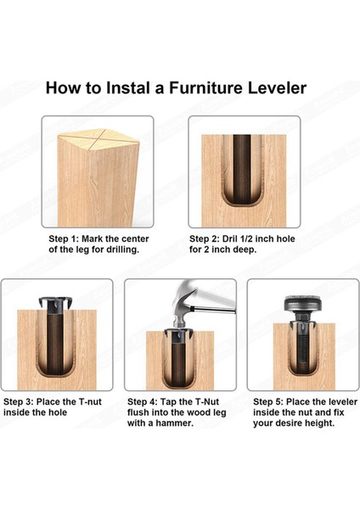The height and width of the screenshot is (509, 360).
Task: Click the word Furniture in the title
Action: pyautogui.click(x=206, y=88)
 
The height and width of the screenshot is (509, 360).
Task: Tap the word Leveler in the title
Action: pyautogui.click(x=277, y=88)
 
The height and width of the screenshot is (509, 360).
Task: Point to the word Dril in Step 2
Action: pyautogui.click(x=230, y=239)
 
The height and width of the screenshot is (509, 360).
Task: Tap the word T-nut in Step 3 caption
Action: pyautogui.click(x=90, y=402)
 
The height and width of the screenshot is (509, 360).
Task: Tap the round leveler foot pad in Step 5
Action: pyautogui.click(x=303, y=304)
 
